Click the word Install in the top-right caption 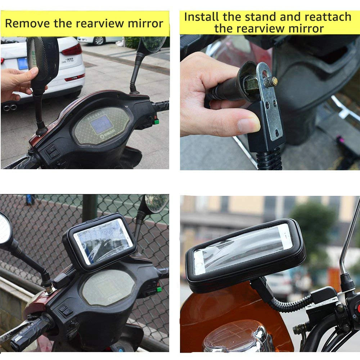(x=202, y=17)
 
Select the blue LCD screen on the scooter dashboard (x=101, y=124)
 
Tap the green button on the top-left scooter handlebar (x=156, y=122)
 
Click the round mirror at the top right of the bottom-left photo (x=156, y=203)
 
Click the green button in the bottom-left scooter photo (x=159, y=289)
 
